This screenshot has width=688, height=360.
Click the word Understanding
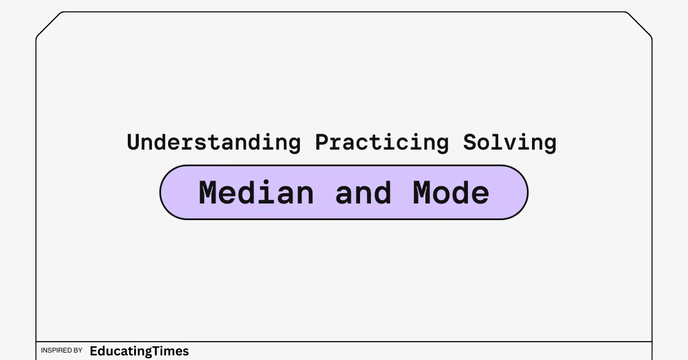[x=214, y=143]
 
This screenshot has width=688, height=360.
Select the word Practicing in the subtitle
[x=382, y=143]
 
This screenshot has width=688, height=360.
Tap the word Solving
[x=510, y=143]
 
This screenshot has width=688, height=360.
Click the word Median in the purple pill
[x=256, y=193]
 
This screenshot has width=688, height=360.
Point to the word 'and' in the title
[x=363, y=193]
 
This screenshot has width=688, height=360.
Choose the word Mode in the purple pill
[x=451, y=193]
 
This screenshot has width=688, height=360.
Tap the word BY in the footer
[x=78, y=350]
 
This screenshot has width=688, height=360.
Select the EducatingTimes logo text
[x=139, y=351]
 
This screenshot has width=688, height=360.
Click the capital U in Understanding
[x=134, y=142]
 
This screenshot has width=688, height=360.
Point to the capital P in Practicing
[x=323, y=142]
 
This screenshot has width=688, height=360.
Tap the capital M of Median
[x=208, y=193]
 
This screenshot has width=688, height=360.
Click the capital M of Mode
[x=423, y=193]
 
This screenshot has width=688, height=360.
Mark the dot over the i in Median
[x=265, y=182]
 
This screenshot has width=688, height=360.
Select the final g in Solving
[x=549, y=145]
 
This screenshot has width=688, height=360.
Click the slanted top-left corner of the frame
[x=49, y=25]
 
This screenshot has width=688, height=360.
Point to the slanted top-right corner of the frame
[x=639, y=25]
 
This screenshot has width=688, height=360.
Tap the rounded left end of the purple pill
[x=161, y=193]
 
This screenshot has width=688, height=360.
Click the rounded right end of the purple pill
[x=527, y=193]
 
